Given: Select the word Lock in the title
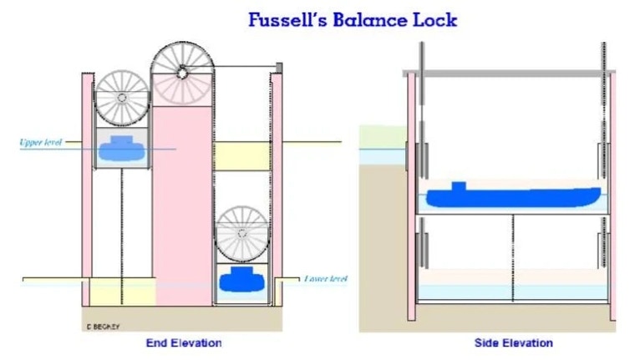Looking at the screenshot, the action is (434, 19).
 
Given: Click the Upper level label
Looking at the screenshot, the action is (41, 142).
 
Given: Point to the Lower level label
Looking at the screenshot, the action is (326, 279).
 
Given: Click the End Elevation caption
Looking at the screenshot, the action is (184, 343).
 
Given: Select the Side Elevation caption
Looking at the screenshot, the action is (514, 343).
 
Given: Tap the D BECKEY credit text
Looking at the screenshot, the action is (103, 327).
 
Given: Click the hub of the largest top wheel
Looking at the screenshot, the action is (182, 74).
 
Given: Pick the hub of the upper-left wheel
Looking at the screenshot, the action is (122, 98).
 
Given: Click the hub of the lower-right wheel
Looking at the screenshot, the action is (242, 234).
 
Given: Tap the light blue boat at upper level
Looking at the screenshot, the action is (122, 148).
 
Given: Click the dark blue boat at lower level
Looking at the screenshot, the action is (241, 280).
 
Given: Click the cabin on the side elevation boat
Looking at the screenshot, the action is (459, 186).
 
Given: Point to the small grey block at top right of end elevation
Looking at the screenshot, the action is (279, 68).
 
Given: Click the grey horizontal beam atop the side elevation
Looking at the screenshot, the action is (509, 74).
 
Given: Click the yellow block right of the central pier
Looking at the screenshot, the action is (241, 156).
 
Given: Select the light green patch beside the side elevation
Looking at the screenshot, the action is (383, 137).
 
